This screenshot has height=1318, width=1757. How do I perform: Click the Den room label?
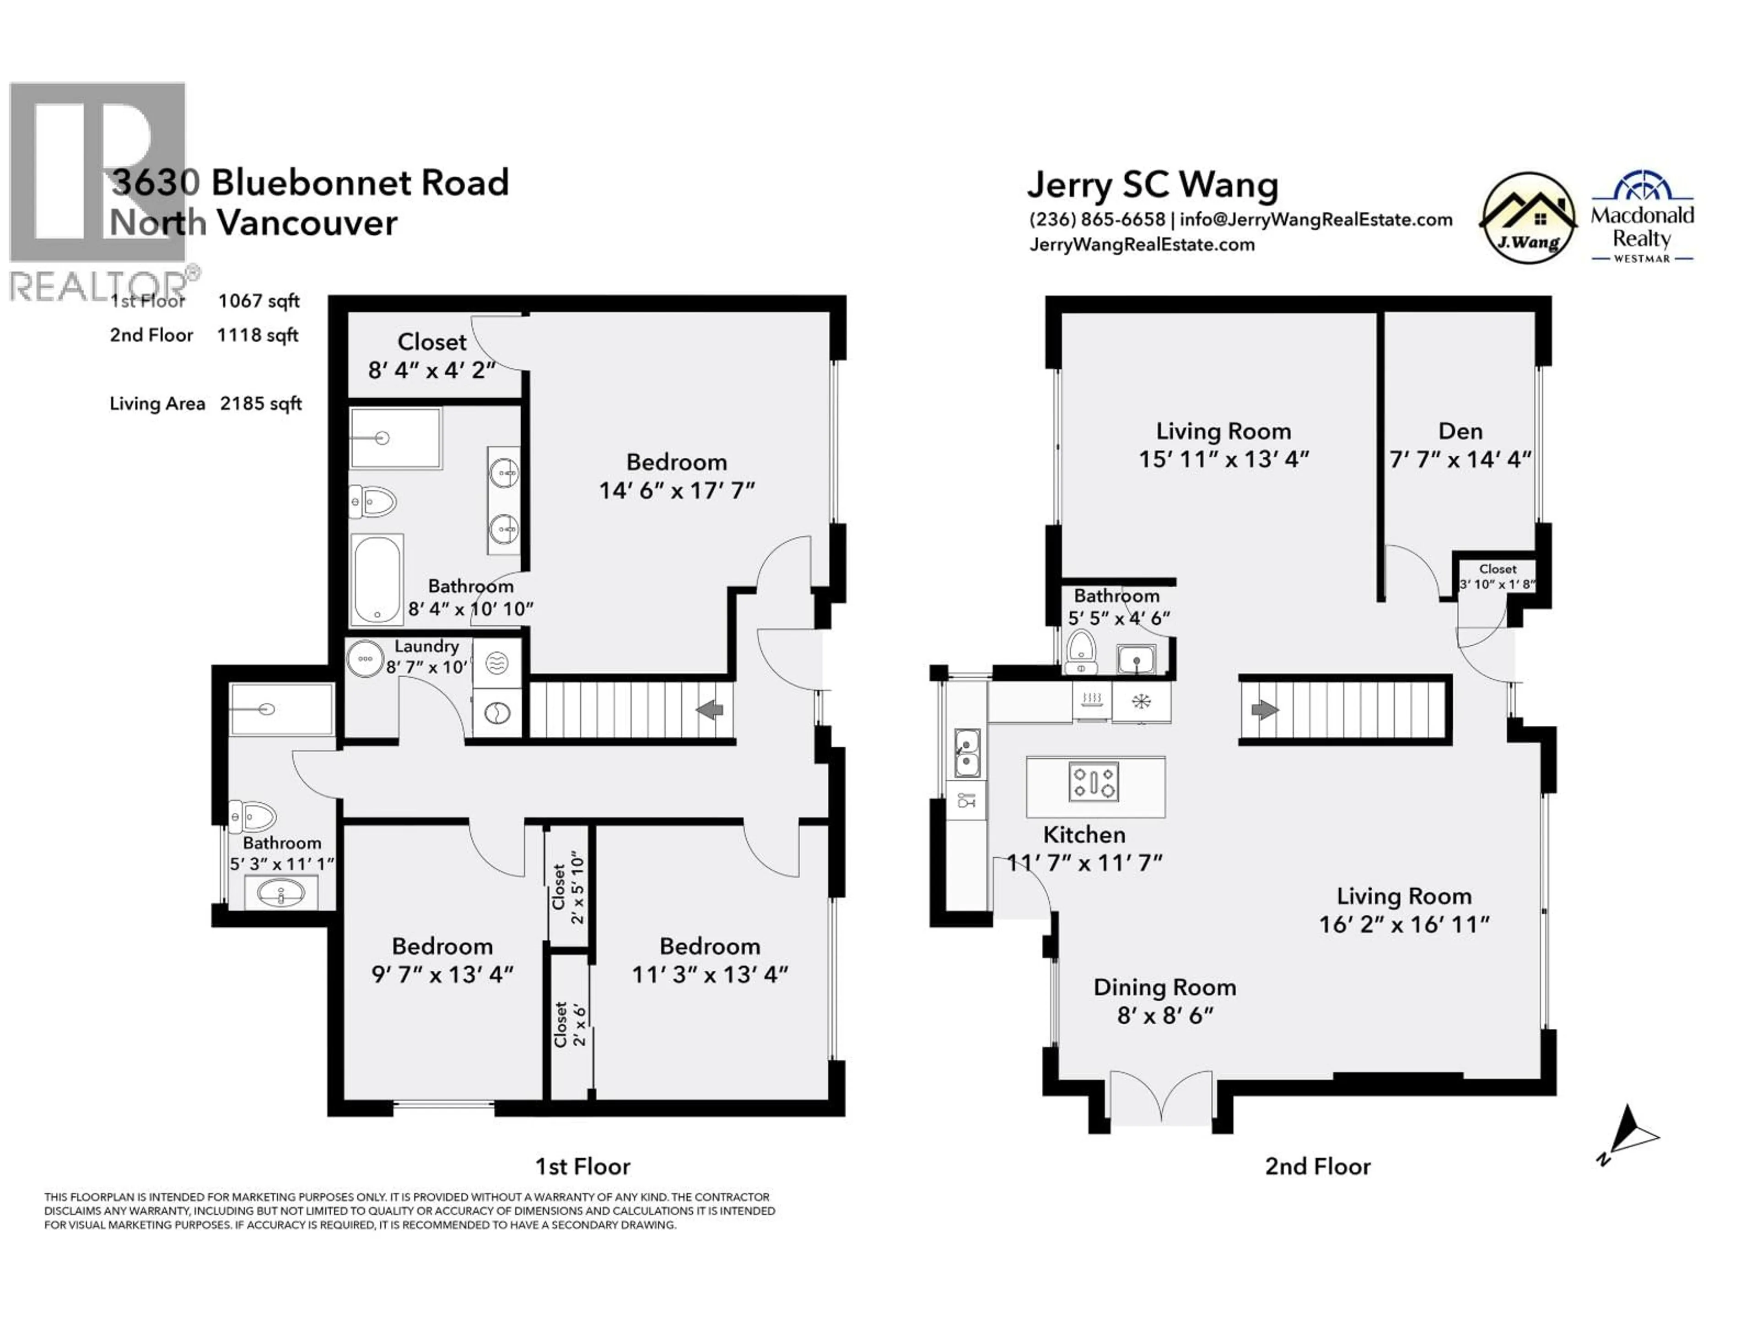(1460, 432)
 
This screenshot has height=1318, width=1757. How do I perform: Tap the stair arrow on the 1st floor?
(709, 709)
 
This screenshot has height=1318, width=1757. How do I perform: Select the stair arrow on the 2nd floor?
(1265, 709)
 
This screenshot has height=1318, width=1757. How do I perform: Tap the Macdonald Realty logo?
(1642, 218)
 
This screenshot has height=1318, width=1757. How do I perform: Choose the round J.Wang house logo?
(1528, 218)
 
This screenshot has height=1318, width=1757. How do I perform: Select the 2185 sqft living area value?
(260, 404)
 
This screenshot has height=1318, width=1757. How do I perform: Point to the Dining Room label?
(1164, 988)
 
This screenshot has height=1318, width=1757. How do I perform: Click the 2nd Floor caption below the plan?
(1317, 1166)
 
